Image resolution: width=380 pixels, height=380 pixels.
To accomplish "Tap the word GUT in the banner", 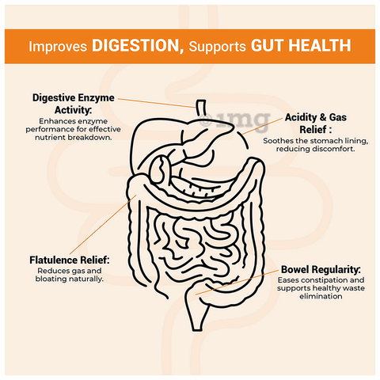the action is (267, 45).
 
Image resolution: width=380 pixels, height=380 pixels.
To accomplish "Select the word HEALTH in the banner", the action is (320, 45).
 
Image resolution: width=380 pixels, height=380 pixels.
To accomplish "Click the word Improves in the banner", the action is (58, 47).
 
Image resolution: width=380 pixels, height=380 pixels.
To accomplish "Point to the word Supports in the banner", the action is (218, 47).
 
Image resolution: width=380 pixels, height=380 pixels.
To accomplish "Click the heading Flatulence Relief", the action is (69, 260).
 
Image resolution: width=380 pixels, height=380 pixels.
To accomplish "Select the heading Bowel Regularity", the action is (321, 270).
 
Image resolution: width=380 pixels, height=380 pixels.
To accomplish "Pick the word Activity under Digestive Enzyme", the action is (73, 110).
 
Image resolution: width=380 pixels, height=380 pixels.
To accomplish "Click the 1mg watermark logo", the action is (235, 121).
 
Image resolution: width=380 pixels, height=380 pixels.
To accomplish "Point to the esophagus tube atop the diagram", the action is (201, 108).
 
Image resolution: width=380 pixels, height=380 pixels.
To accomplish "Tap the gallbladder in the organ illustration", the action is (159, 169).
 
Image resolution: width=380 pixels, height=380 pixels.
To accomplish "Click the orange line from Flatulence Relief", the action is (103, 225).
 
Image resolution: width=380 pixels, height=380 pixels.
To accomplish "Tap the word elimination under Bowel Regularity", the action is (321, 296).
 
